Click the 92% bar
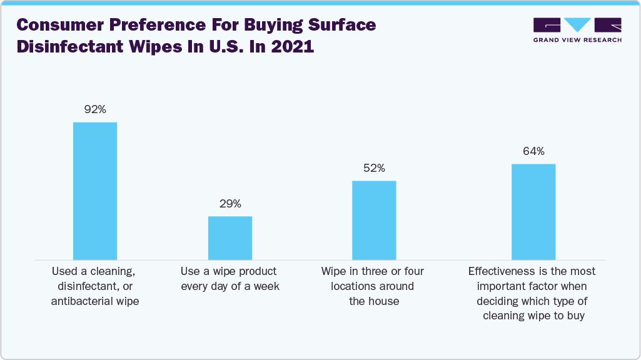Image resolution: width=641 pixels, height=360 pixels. point(95,191)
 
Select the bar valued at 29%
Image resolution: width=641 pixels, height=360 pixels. point(230,237)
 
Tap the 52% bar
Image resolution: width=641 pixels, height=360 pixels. point(374,220)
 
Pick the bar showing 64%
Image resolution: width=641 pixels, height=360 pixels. point(533,211)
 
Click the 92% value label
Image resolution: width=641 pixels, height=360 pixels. point(95,109)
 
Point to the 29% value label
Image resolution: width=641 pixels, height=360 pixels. point(230,204)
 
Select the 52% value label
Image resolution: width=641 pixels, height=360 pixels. point(374,168)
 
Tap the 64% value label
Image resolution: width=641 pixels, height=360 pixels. point(533,151)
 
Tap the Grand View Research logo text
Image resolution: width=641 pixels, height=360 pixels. point(577,40)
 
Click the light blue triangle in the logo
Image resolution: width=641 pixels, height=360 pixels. point(577,24)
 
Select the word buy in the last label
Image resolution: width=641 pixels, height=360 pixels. point(575,316)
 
